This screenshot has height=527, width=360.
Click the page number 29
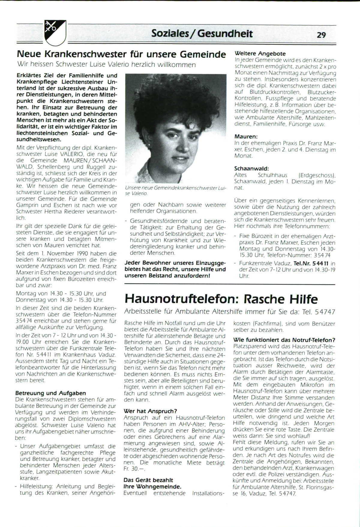pos(321,35)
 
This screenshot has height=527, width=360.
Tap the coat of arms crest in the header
pos(55,32)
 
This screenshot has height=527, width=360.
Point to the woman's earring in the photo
pos(149,145)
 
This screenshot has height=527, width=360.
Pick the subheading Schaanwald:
pos(251,168)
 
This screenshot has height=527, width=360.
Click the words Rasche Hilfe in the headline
pos(281,299)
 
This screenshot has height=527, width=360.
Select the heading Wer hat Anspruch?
pos(150,411)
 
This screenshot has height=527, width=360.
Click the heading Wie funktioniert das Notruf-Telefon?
pos(284,340)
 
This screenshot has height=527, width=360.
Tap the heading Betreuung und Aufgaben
pos(50,393)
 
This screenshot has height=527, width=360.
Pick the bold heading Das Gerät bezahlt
pos(148,480)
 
